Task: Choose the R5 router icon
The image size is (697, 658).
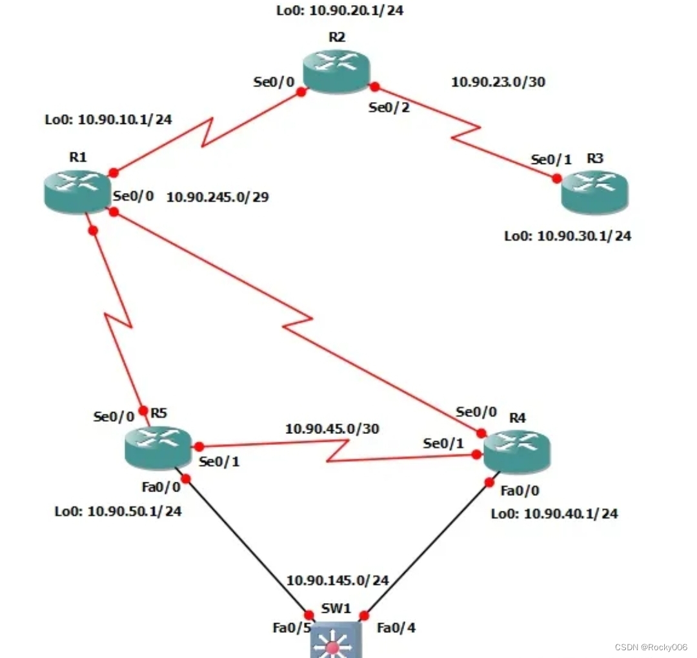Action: click(x=158, y=447)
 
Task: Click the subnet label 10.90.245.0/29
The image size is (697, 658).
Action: click(x=217, y=198)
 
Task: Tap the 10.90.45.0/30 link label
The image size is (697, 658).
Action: click(x=332, y=428)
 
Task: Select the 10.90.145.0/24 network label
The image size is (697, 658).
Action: click(x=338, y=581)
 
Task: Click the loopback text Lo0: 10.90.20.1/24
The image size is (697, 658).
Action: click(x=340, y=10)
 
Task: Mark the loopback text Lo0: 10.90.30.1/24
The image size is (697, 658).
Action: click(x=567, y=236)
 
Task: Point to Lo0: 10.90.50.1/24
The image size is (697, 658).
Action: click(x=118, y=511)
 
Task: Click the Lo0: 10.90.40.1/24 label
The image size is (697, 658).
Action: click(x=554, y=514)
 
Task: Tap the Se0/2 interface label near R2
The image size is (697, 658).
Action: click(x=389, y=108)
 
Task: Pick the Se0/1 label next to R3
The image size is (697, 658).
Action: click(x=551, y=159)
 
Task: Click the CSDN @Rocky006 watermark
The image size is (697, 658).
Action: click(x=651, y=647)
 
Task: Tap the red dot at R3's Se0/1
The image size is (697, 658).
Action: click(x=557, y=178)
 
